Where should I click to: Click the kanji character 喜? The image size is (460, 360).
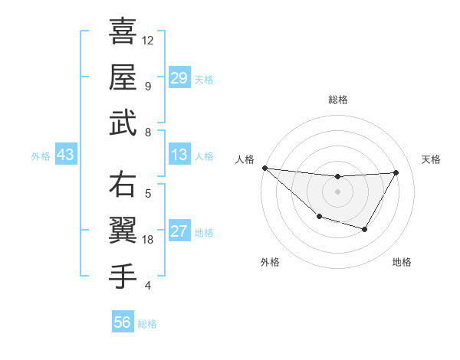tap(123, 33)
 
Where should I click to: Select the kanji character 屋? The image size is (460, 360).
tap(123, 77)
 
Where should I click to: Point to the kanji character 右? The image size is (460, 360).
tap(123, 185)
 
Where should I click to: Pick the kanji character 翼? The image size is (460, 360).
tap(123, 231)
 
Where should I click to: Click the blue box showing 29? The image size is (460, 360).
tap(179, 78)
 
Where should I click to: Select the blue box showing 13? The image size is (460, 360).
tap(179, 155)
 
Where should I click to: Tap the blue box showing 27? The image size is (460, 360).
tap(179, 232)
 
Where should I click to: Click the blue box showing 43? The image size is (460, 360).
tap(65, 155)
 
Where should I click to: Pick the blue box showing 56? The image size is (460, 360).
tap(123, 322)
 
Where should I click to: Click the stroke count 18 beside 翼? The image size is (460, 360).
tap(149, 240)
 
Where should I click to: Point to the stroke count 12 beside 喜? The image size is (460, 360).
tap(148, 40)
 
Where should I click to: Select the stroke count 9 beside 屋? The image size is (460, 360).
tap(147, 86)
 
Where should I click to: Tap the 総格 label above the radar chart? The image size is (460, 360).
tap(338, 100)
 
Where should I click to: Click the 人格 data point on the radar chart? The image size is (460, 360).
tap(264, 168)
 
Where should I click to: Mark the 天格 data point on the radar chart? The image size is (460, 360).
tap(396, 172)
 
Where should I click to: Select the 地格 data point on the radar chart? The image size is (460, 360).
tap(365, 229)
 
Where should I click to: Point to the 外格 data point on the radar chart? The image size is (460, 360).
tap(319, 218)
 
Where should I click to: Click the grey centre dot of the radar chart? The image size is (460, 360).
tap(337, 191)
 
